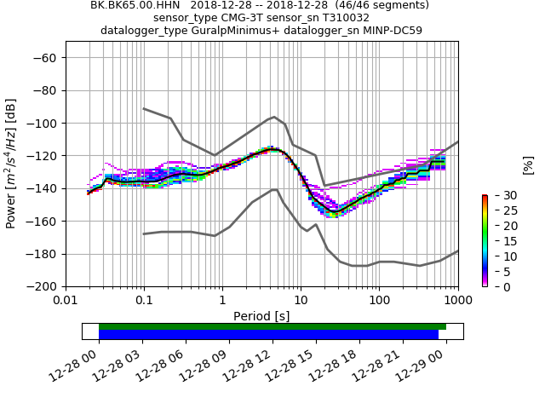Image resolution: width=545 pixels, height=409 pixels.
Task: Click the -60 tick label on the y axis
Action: pyautogui.click(x=47, y=58)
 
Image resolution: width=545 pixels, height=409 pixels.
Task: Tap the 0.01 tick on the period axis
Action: pyautogui.click(x=66, y=301)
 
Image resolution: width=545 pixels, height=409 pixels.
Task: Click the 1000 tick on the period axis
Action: pyautogui.click(x=457, y=301)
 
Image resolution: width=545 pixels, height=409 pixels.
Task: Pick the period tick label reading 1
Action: pyautogui.click(x=222, y=301)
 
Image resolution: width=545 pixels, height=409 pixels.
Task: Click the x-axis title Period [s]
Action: pyautogui.click(x=261, y=316)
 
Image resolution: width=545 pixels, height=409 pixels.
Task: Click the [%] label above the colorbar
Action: pyautogui.click(x=528, y=164)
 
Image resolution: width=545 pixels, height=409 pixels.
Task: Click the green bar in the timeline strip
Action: pyautogui.click(x=272, y=326)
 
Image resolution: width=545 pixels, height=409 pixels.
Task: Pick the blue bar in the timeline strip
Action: pyautogui.click(x=268, y=335)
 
